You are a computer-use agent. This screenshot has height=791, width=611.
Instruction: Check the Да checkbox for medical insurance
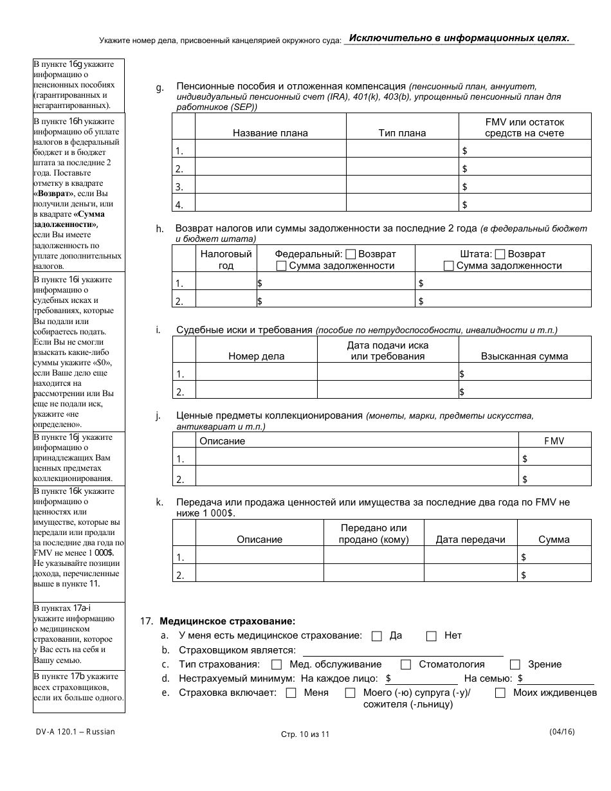click(378, 636)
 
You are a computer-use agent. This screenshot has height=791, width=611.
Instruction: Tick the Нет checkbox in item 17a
click(432, 636)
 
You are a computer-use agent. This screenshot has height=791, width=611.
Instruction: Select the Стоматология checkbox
click(406, 665)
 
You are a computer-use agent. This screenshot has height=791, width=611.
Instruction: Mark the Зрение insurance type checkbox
click(515, 665)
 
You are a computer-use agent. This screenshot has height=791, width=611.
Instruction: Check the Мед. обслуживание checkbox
click(277, 665)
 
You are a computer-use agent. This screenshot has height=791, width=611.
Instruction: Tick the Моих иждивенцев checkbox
click(500, 693)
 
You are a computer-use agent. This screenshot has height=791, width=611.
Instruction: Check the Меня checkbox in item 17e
click(291, 693)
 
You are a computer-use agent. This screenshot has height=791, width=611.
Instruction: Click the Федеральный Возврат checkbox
click(351, 254)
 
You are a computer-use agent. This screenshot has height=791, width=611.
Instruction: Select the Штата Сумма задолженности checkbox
click(449, 266)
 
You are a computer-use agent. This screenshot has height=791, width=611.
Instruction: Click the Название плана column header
click(270, 133)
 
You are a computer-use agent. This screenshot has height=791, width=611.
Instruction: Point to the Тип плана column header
click(402, 133)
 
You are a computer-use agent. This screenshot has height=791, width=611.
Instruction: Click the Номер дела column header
click(256, 356)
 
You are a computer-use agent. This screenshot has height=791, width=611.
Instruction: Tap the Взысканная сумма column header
click(524, 356)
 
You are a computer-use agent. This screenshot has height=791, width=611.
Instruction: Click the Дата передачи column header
click(470, 540)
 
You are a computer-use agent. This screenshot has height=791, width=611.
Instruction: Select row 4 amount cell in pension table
click(525, 205)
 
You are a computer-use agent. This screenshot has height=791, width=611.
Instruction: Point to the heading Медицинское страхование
click(227, 621)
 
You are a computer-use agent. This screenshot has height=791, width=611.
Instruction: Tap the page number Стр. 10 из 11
click(305, 734)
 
